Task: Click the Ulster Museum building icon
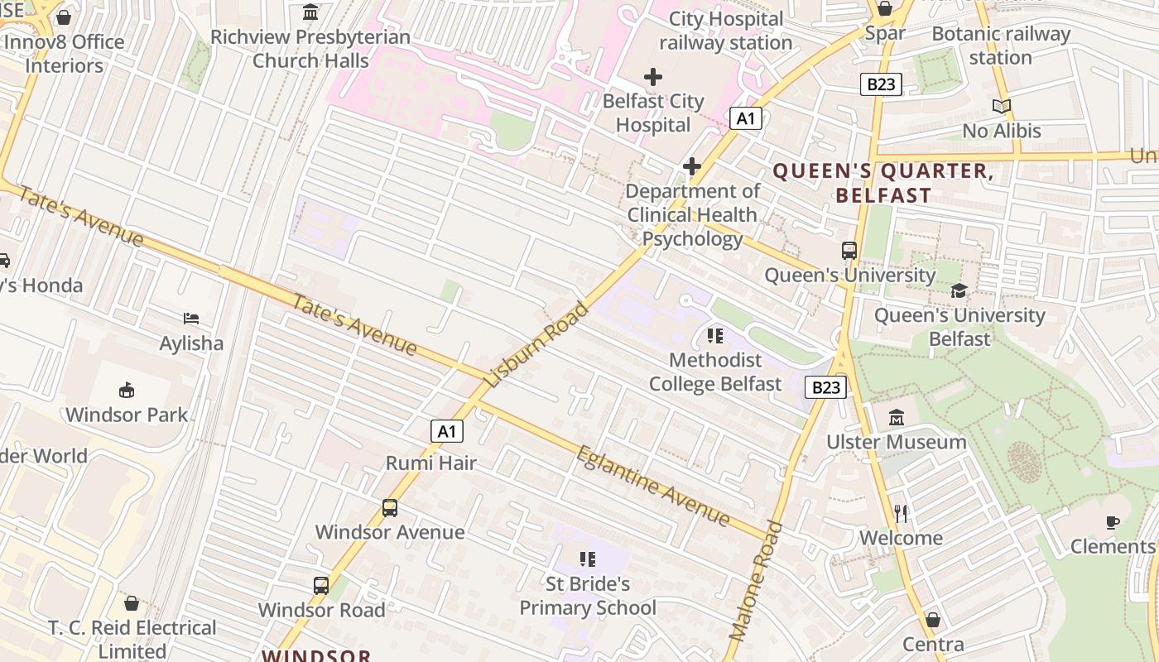(897, 418)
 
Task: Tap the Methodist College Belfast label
(715, 372)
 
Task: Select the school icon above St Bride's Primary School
(588, 559)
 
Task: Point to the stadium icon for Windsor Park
(127, 390)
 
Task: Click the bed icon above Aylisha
(191, 319)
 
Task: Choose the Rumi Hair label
(430, 463)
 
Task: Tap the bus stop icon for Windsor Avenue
(390, 507)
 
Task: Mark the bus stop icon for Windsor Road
(321, 586)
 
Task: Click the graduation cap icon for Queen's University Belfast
(959, 290)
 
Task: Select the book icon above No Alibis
(1002, 106)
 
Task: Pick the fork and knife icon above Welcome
(901, 514)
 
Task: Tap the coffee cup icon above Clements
(1113, 522)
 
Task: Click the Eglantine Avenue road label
(653, 486)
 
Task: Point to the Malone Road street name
(756, 579)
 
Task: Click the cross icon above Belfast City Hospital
(653, 77)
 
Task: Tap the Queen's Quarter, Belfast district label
(883, 183)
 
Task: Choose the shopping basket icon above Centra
(933, 620)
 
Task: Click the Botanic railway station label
(1001, 46)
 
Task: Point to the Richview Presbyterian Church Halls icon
(310, 12)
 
